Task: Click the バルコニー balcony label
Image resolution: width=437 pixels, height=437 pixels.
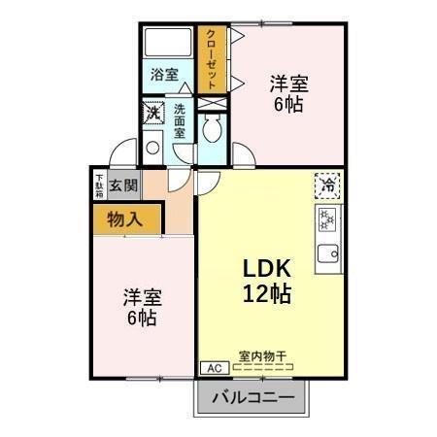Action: (x=252, y=397)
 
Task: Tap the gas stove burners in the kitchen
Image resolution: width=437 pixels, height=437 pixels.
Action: (x=327, y=219)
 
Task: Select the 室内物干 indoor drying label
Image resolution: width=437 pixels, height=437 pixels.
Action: (x=261, y=355)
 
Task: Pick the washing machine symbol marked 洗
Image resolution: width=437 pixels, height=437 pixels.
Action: (x=153, y=115)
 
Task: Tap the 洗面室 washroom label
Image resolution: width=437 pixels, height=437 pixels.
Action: (x=180, y=121)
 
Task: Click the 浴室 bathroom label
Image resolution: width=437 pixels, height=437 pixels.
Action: (x=164, y=74)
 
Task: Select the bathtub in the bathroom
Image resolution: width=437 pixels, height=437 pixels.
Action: (x=166, y=45)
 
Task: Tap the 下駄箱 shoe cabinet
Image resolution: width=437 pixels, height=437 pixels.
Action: (x=99, y=185)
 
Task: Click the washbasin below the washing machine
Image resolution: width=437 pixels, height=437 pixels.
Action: (x=152, y=149)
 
